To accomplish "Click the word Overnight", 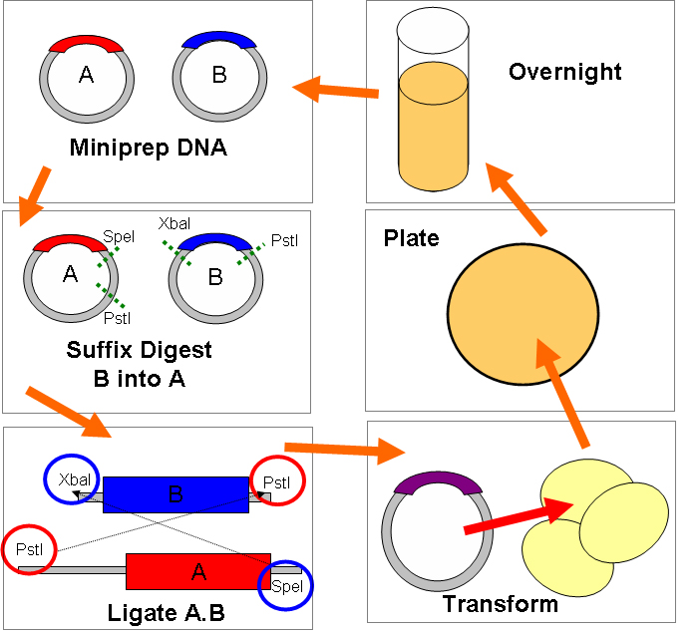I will pos(564,72).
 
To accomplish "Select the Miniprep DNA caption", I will pos(148,149).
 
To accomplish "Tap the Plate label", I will pos(411,239).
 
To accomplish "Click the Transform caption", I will pos(501,604).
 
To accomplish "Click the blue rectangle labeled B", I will pos(175,494).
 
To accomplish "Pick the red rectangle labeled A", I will pos(197,571).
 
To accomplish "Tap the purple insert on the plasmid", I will pos(439,483).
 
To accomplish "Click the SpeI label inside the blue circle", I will pos(287,586).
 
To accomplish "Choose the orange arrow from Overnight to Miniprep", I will pos(336,89).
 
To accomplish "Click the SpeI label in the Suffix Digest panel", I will pos(118,237).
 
